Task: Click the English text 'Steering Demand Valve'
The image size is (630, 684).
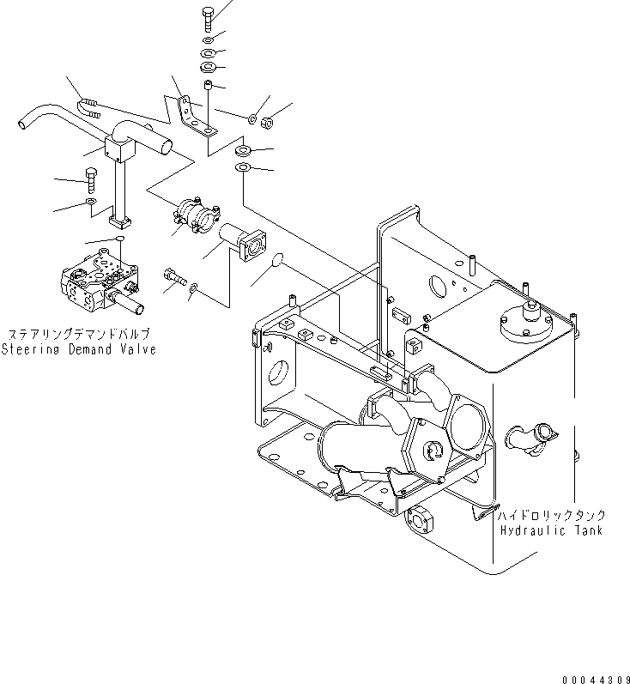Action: pos(78,349)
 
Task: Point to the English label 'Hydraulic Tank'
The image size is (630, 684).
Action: pos(552,530)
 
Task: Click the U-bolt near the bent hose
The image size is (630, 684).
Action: pos(88,107)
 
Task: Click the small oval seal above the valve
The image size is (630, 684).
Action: pos(121,239)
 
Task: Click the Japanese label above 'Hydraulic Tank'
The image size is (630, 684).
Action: pos(553,514)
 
